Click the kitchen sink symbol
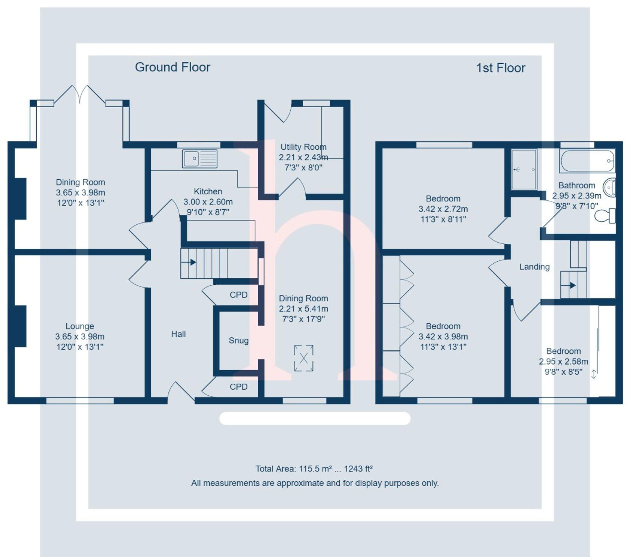(x=199, y=159)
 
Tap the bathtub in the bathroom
(x=587, y=161)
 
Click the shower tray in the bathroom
(x=524, y=170)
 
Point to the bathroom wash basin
(x=610, y=188)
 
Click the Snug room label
(x=238, y=341)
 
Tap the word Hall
(x=178, y=334)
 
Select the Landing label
(x=534, y=267)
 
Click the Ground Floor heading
(x=172, y=67)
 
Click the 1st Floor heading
(x=500, y=68)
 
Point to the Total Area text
(x=314, y=469)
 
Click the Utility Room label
(x=303, y=147)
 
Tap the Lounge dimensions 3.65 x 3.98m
(x=80, y=336)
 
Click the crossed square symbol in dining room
(x=304, y=358)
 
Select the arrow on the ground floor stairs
(x=192, y=262)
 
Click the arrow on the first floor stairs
(x=572, y=285)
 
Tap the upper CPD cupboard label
(x=238, y=295)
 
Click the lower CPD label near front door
(x=238, y=387)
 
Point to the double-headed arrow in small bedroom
(x=594, y=374)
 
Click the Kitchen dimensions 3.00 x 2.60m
(x=208, y=202)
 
